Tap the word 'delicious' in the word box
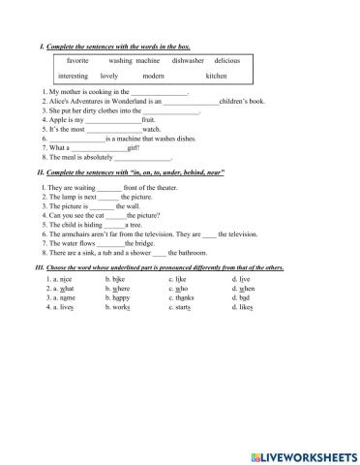pos(233,60)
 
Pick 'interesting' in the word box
pos(74,76)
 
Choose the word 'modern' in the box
pos(153,76)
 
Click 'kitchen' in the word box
pos(217,76)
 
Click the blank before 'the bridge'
pos(109,240)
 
